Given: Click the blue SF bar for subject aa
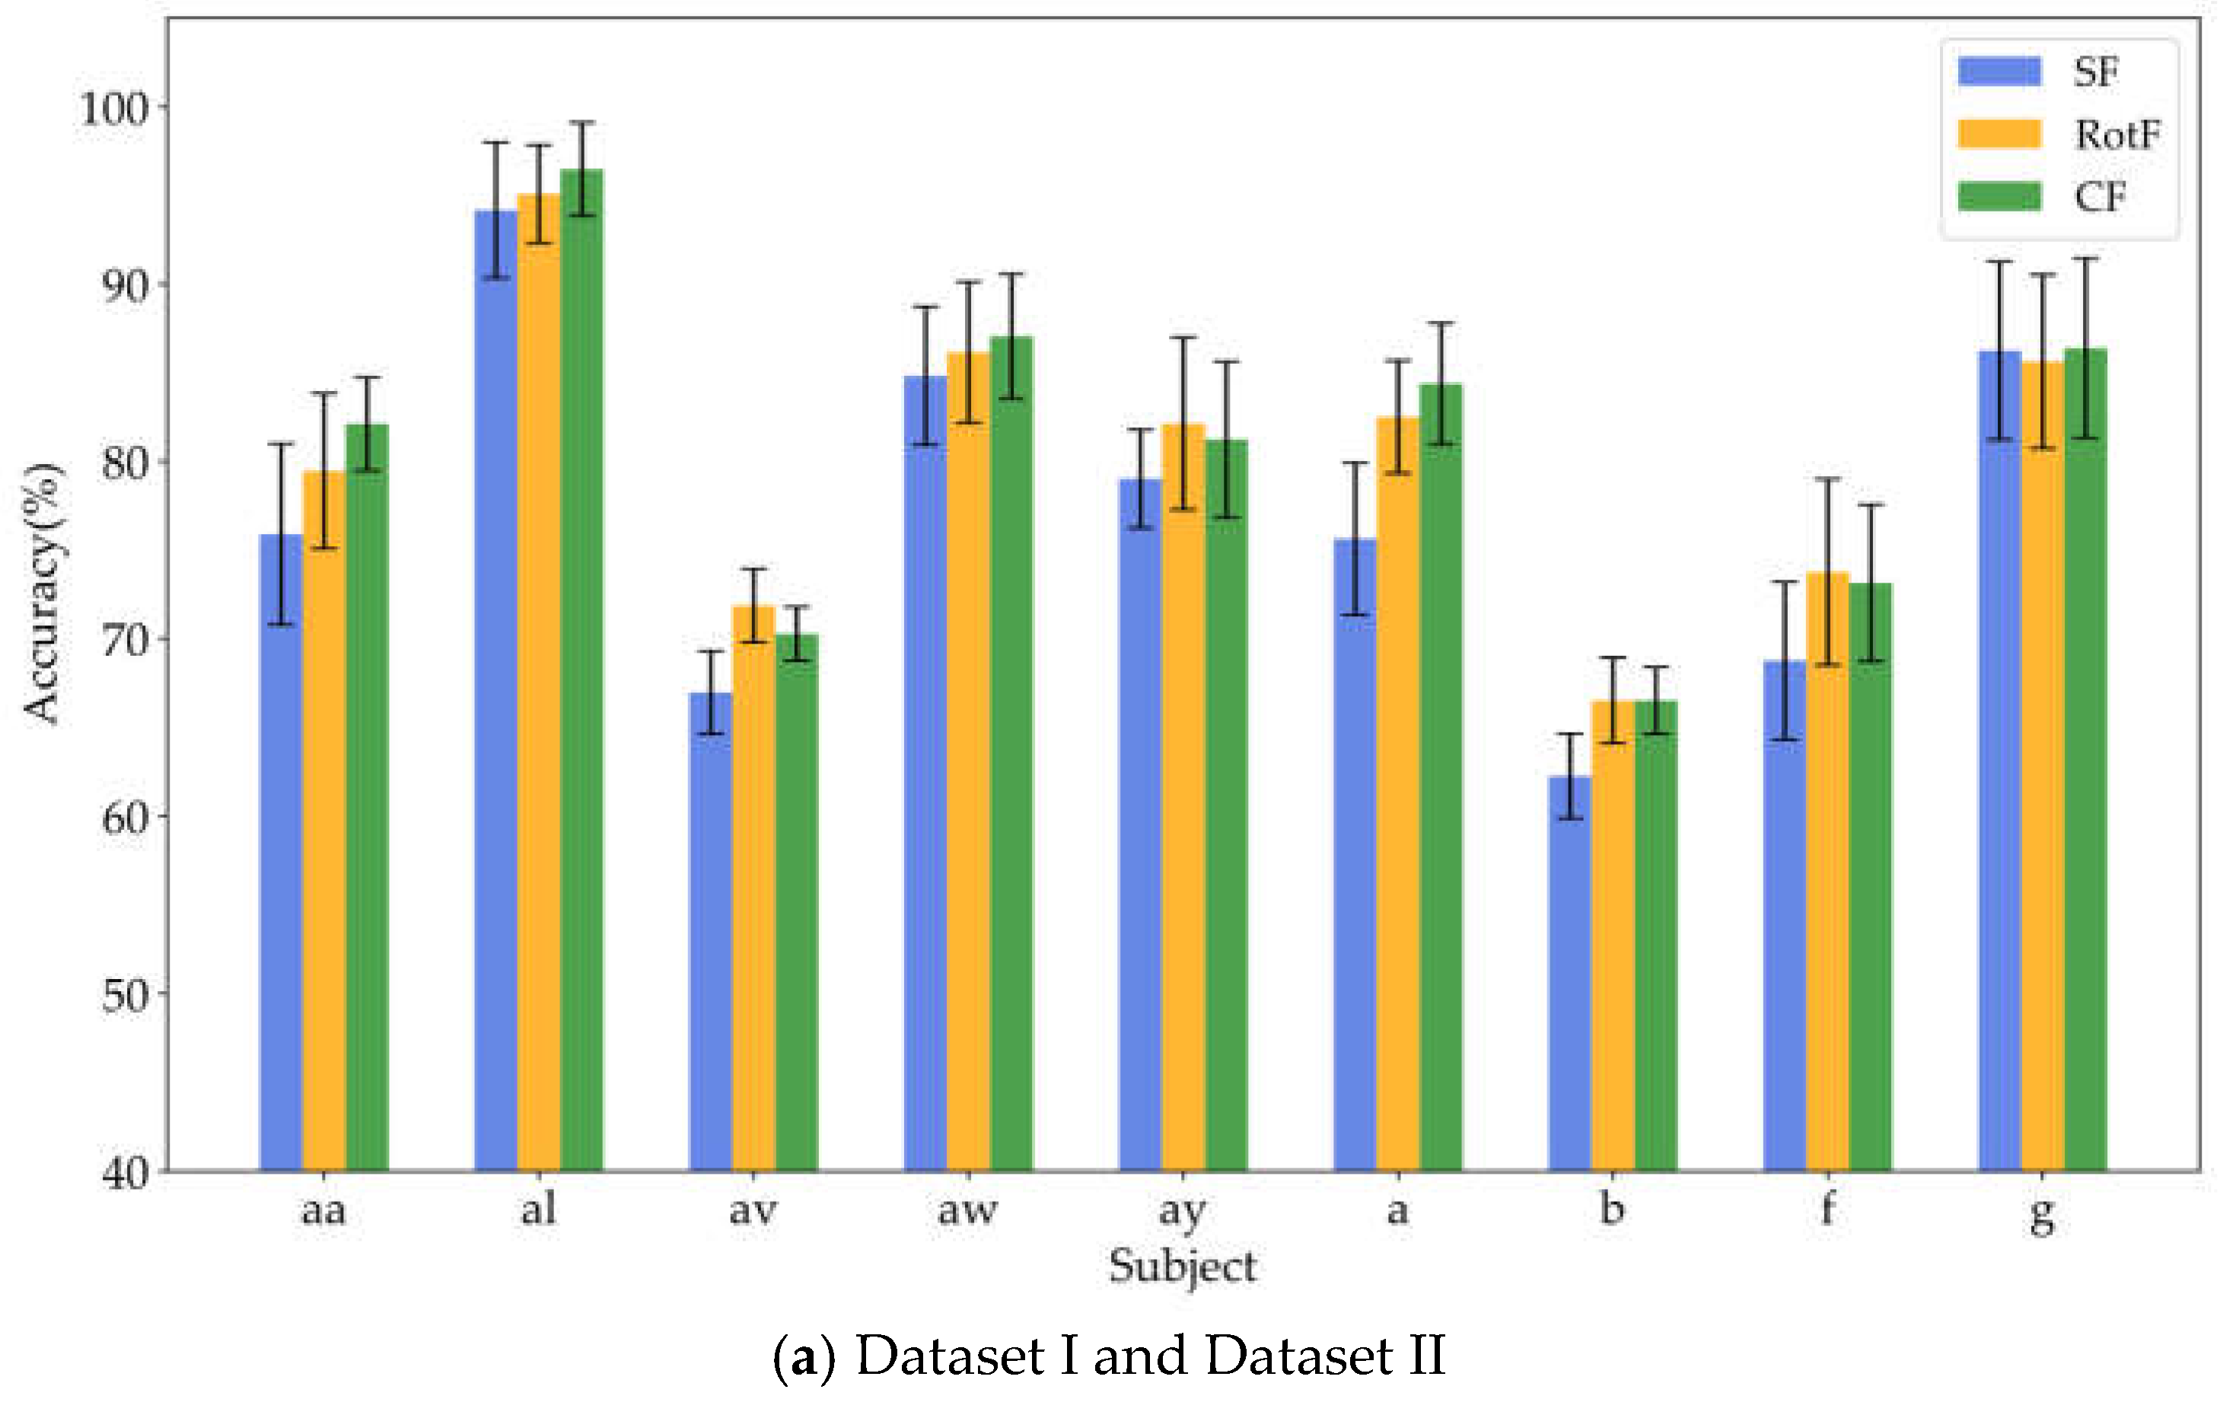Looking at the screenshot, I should point(281,853).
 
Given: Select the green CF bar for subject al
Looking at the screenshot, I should point(581,668).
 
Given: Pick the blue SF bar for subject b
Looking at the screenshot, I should point(1569,974).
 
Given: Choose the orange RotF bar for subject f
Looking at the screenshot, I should point(1827,872).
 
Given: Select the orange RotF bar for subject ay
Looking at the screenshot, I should point(1183,797).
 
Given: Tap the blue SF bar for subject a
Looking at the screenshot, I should point(1355,853).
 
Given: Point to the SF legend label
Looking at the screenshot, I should point(2096,72).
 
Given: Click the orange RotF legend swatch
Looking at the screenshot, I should point(1999,135).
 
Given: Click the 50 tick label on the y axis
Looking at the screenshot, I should point(123,995).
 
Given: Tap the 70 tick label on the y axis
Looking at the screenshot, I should point(123,641).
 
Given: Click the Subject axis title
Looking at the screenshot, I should point(1183,1267).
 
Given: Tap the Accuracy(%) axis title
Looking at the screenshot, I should point(43,593).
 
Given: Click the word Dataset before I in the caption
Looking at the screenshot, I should point(951,1356).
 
